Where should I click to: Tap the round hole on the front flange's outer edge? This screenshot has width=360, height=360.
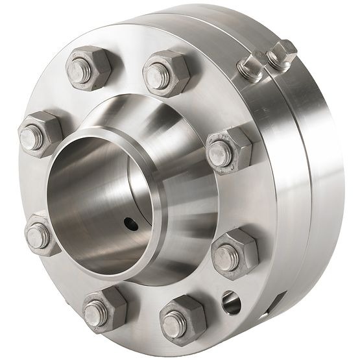[230, 301]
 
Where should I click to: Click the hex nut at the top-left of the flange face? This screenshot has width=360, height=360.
[89, 67]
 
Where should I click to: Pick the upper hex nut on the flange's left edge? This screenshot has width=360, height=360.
[39, 134]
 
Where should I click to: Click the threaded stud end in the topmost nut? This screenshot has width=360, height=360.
[157, 77]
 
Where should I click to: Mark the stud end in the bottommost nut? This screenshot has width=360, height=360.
[174, 324]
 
